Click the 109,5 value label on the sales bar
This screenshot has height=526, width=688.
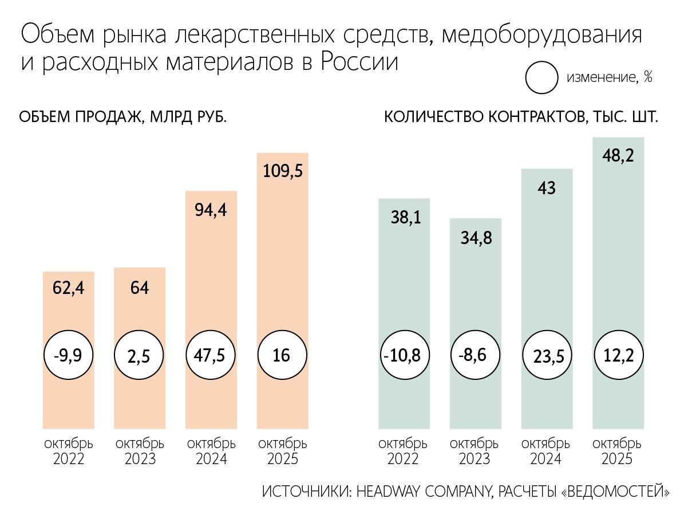[x=282, y=171]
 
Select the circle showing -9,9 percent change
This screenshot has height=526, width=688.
[x=68, y=356]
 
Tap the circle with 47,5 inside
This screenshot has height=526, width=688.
[x=211, y=355]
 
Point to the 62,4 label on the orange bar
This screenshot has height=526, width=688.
[x=68, y=288]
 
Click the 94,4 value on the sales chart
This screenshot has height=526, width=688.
[x=211, y=210]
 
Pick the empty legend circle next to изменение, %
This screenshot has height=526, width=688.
[x=541, y=78]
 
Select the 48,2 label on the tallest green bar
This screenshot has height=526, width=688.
[x=618, y=155]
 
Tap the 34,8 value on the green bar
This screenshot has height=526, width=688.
[x=476, y=238]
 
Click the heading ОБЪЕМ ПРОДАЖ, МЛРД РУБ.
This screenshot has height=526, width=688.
[x=123, y=117]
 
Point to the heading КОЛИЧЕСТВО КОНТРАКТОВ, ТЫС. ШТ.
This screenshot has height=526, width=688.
[x=520, y=117]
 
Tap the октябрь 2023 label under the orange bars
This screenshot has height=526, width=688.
[x=140, y=452]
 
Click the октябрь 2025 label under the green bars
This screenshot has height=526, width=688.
[x=617, y=452]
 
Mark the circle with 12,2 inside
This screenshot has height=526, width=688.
[x=618, y=356]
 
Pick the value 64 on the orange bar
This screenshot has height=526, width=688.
[x=140, y=288]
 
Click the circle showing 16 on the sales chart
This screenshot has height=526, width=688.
[x=282, y=356]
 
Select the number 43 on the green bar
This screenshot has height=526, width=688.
[x=547, y=188]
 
